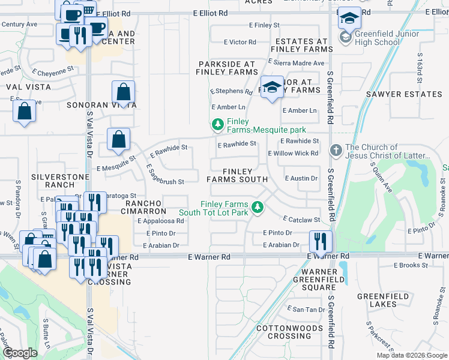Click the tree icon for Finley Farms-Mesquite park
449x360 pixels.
click(217, 125)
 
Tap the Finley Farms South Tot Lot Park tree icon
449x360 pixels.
click(258, 207)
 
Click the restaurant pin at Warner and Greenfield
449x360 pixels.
click(321, 241)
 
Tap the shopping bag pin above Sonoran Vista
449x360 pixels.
click(123, 92)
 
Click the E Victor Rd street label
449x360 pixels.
click(240, 42)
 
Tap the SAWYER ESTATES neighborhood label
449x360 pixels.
click(404, 94)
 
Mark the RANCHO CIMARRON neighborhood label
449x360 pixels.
click(145, 208)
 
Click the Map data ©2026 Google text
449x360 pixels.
click(411, 355)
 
